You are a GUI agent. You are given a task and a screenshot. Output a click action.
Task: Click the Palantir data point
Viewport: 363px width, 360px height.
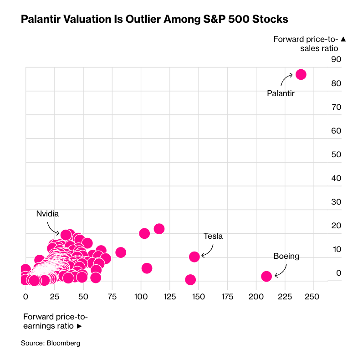point(301,74)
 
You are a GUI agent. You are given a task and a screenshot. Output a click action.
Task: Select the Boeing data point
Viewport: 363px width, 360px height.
point(266,276)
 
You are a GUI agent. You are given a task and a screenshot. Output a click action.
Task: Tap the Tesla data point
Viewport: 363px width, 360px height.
point(194,257)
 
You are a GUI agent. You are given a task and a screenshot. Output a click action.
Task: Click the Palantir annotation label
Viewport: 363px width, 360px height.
point(281,94)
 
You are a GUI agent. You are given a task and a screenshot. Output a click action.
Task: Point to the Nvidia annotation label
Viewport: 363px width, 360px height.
point(48,213)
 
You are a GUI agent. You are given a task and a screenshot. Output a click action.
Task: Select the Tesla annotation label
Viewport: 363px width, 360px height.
point(213,236)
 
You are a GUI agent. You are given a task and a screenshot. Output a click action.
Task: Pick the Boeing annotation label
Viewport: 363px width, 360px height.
point(286,256)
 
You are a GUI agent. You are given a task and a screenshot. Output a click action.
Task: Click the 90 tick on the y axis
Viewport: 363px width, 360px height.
point(336,60)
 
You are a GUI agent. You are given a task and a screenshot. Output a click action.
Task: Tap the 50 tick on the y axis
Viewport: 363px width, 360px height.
point(336,154)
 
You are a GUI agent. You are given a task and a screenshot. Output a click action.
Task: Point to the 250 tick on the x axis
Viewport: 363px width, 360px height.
point(312,297)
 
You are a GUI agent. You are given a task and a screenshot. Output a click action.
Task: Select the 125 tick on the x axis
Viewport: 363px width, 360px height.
point(169,297)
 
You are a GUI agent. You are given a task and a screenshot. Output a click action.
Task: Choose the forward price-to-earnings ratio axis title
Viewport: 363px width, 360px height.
point(55,321)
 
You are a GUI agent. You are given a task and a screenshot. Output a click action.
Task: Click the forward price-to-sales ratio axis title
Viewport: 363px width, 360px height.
point(310,43)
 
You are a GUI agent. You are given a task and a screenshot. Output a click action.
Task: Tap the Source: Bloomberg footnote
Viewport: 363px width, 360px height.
point(51,343)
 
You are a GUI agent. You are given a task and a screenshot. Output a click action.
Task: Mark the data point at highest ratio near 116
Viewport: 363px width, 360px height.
point(159,229)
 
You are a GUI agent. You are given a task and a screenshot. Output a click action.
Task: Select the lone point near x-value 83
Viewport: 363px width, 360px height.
point(121,252)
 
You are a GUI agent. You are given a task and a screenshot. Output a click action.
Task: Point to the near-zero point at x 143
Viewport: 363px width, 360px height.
point(190,280)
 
